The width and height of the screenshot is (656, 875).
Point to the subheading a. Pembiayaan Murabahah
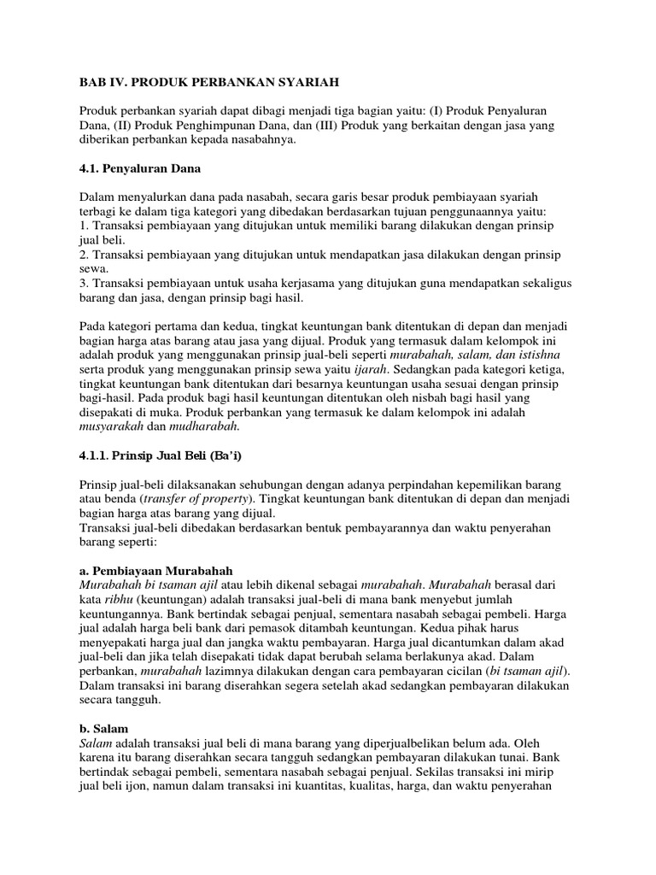(x=156, y=570)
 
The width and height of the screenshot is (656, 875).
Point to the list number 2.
(x=83, y=254)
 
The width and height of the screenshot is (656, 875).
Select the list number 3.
(x=83, y=283)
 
